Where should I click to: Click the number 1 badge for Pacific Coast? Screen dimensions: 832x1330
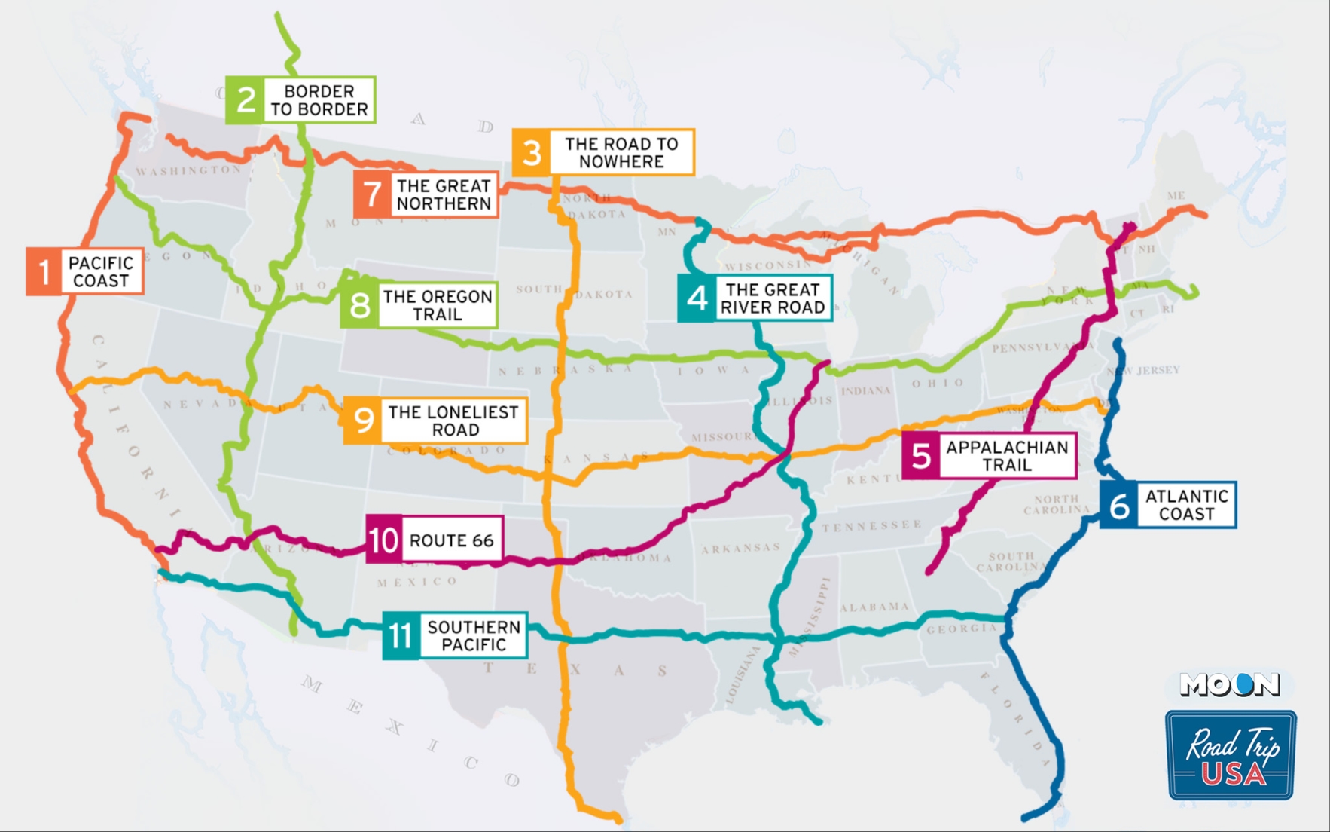[x=44, y=271]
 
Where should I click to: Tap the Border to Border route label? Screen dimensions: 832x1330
[x=319, y=100]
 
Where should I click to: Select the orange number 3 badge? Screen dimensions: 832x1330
[x=532, y=153]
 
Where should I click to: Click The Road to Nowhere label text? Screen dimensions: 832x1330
[x=621, y=153]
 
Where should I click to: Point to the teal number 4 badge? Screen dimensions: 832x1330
[x=697, y=298]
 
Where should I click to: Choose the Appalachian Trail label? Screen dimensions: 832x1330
[x=1007, y=456]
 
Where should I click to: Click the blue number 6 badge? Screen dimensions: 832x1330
[x=1119, y=506]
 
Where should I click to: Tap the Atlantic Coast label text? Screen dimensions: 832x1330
[x=1186, y=505]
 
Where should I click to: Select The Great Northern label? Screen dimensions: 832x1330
[x=444, y=194]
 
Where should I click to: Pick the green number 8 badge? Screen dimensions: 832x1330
[x=360, y=305]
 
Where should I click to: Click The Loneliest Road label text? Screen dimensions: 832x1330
[x=453, y=421]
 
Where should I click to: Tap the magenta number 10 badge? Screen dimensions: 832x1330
[x=384, y=540]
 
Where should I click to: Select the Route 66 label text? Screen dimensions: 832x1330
[x=451, y=540]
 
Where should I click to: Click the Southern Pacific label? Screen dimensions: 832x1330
[x=473, y=636]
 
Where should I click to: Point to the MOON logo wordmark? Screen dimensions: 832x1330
[x=1229, y=684]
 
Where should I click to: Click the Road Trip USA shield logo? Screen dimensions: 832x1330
[x=1231, y=754]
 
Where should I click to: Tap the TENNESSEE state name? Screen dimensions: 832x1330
[x=872, y=525]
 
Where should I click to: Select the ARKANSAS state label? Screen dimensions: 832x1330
[x=741, y=548]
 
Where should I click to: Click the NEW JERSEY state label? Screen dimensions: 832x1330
[x=1145, y=370]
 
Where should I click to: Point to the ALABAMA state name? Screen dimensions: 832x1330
[x=874, y=607]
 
